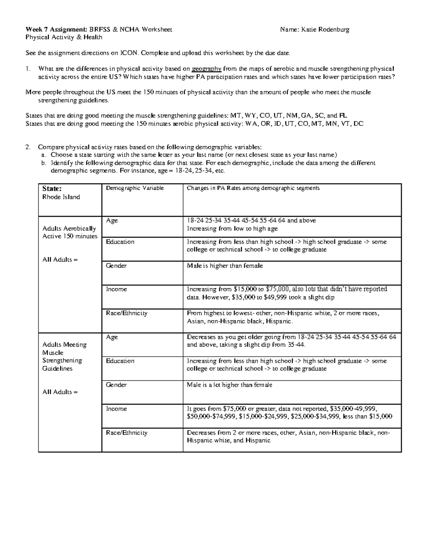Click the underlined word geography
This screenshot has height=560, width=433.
[x=206, y=69]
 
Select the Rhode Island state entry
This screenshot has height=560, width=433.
[x=61, y=197]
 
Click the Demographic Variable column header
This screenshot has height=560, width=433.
[x=135, y=188]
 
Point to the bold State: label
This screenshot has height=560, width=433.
[x=52, y=188]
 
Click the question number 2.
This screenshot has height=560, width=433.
[x=27, y=147]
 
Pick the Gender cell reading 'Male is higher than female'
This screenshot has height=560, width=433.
[x=225, y=266]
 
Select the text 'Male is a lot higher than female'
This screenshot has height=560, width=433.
[x=229, y=385]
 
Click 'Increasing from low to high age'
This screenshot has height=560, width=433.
[x=232, y=228]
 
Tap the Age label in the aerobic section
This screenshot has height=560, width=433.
[x=112, y=220]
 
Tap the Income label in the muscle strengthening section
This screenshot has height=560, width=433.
[x=116, y=409]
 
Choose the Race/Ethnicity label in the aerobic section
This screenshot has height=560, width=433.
[x=126, y=313]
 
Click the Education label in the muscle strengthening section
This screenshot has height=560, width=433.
[x=120, y=361]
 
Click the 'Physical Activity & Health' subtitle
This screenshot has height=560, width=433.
[x=64, y=37]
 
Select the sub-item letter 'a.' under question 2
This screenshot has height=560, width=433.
[x=44, y=155]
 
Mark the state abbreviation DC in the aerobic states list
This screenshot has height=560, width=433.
[x=358, y=124]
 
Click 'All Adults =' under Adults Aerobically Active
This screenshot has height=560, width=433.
[x=60, y=260]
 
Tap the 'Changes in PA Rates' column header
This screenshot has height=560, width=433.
[x=253, y=188]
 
